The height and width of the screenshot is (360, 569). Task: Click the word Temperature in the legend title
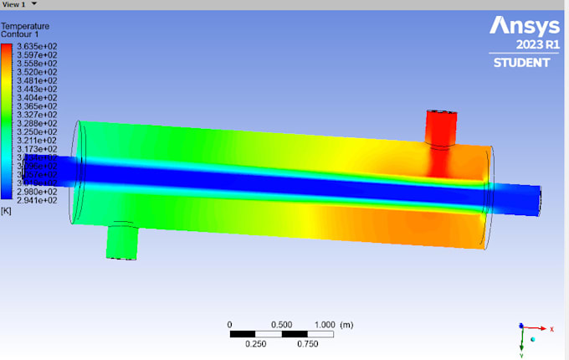(24, 26)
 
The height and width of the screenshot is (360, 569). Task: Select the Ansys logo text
(521, 26)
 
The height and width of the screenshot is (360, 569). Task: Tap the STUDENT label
(522, 63)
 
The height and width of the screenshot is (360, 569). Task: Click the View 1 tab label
(14, 4)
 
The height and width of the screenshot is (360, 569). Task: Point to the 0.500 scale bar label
(282, 325)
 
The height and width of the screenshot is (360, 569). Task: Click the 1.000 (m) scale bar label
(332, 325)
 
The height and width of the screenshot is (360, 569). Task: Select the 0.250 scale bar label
(256, 343)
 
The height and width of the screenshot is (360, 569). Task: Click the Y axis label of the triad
(521, 354)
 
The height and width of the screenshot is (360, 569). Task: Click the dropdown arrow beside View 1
(34, 4)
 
